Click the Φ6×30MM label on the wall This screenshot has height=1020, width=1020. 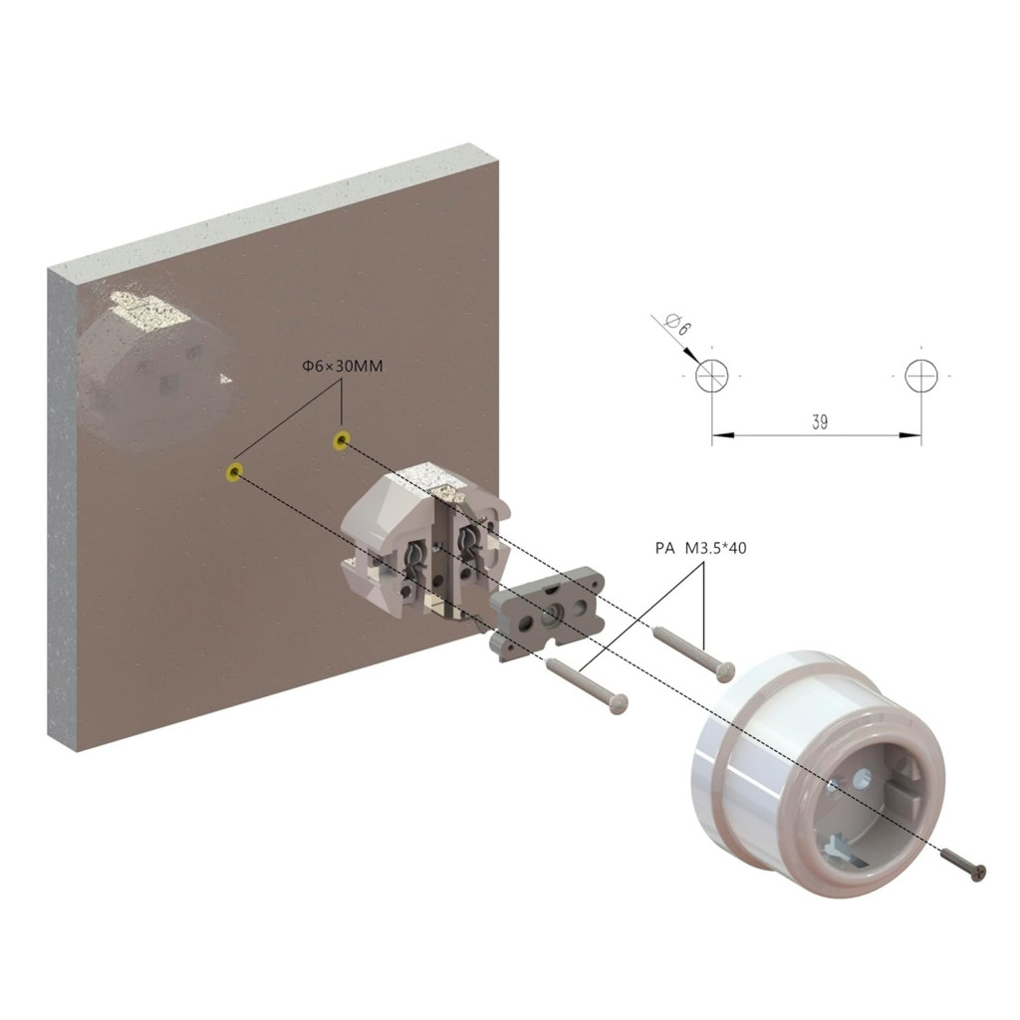pos(343,367)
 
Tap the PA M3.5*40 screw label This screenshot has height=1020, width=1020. pos(700,549)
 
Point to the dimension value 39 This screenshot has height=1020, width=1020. pos(820,422)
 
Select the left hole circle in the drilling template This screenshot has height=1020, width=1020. pos(711,376)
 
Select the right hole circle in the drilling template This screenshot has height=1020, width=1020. pos(921,376)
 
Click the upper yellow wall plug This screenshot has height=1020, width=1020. pos(341,440)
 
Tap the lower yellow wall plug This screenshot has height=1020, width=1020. pos(234,472)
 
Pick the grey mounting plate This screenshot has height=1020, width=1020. pos(547,613)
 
